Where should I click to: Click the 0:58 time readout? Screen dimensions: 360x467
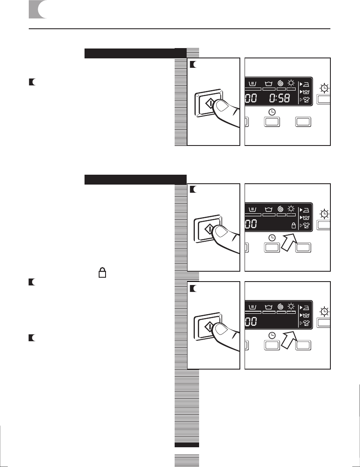281,99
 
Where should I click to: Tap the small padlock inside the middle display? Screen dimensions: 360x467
294,224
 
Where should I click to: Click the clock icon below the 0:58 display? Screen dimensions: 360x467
272,112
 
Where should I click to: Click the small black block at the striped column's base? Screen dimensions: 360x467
187,445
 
